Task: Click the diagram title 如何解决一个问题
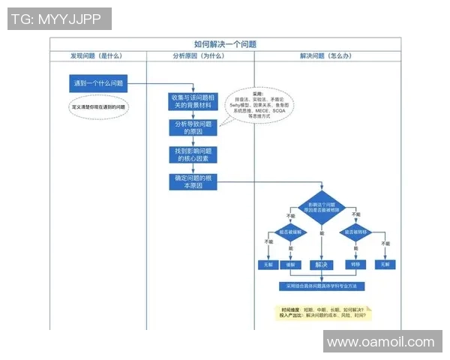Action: click(x=225, y=44)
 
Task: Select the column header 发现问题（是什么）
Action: click(x=97, y=55)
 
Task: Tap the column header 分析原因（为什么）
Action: click(x=199, y=55)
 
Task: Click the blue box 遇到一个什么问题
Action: click(x=97, y=83)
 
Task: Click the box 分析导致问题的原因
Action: click(x=193, y=128)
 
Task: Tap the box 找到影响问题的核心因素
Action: click(x=193, y=154)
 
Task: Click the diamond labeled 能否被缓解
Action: click(x=289, y=233)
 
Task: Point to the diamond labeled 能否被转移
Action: click(x=355, y=233)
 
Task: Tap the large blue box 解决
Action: click(x=322, y=265)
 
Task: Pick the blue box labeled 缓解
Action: click(x=289, y=265)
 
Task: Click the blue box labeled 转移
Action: click(x=355, y=265)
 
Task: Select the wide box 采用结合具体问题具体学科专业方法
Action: click(x=322, y=286)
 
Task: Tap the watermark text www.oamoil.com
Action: click(x=381, y=342)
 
